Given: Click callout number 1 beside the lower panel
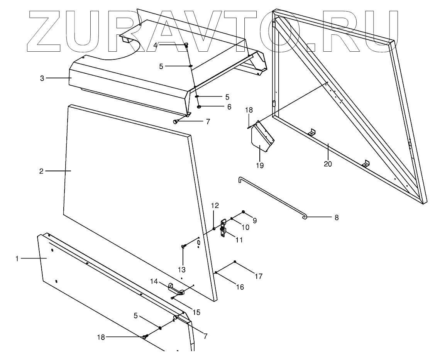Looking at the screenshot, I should [17, 259].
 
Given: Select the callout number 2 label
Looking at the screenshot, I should [41, 171].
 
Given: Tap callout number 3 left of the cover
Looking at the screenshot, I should [42, 78].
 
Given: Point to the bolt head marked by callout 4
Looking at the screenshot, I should [186, 45].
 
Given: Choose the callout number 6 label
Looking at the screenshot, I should [229, 107].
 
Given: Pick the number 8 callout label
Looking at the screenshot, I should [336, 218].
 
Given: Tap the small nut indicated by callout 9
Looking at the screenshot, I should [243, 212].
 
